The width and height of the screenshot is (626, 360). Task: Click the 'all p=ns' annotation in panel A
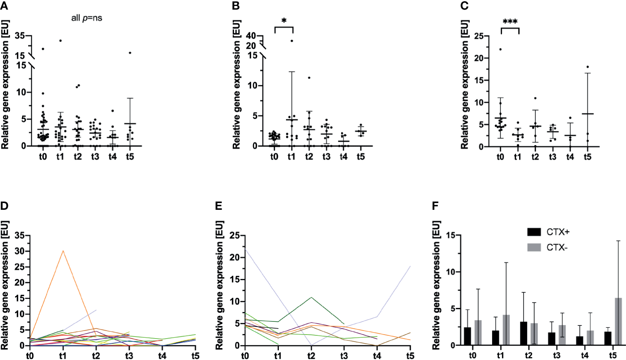click(87, 18)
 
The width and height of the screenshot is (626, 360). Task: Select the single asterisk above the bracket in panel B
click(284, 21)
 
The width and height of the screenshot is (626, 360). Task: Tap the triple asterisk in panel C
click(510, 22)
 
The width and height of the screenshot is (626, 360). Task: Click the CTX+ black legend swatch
click(534, 232)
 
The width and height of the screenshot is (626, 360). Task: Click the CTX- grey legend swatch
click(534, 248)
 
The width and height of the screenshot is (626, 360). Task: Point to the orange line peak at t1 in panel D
click(63, 251)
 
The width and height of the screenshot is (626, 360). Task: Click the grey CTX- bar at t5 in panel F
click(618, 322)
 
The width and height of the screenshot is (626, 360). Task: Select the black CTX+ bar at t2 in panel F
click(524, 333)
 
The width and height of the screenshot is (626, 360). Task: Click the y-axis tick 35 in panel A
click(20, 36)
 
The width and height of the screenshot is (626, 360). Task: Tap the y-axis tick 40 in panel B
click(251, 36)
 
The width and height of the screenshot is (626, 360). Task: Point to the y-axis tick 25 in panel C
click(479, 36)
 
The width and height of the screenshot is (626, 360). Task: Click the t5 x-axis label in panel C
click(587, 157)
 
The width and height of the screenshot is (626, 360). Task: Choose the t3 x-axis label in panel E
click(344, 355)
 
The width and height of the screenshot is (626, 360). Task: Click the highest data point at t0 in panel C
click(500, 49)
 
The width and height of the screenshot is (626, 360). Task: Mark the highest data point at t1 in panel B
click(292, 41)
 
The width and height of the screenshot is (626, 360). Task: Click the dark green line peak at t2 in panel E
click(311, 297)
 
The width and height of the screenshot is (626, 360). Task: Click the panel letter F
click(435, 206)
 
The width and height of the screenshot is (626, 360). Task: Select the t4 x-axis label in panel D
click(162, 355)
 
